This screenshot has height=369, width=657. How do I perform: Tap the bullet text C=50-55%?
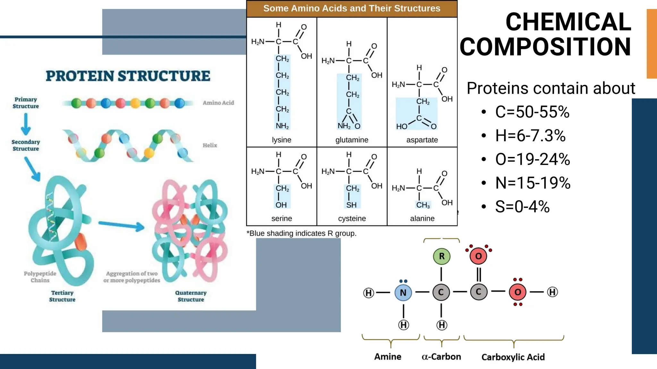532,112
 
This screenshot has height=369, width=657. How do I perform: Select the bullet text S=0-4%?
522,206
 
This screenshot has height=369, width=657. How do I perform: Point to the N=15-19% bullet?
533,183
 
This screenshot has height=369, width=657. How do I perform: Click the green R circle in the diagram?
442,256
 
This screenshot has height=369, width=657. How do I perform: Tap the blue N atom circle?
403,292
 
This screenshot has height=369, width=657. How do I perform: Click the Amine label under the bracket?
388,357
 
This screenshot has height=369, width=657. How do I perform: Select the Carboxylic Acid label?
513,357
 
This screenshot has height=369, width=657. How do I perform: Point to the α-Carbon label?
441,357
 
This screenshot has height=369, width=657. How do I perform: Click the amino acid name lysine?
281,140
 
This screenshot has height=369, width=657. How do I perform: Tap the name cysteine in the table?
352,218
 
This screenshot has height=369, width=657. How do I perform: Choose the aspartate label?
422,140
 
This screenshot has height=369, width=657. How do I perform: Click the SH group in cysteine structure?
351,205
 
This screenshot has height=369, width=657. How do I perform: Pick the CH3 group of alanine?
423,205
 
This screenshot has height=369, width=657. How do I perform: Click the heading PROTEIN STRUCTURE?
128,76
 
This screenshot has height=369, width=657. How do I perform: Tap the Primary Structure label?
26,103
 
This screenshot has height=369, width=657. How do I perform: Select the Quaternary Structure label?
191,296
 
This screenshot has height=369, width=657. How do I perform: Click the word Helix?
210,145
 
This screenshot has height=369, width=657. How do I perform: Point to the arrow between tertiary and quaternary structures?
121,225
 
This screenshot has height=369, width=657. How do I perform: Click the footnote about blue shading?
301,233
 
